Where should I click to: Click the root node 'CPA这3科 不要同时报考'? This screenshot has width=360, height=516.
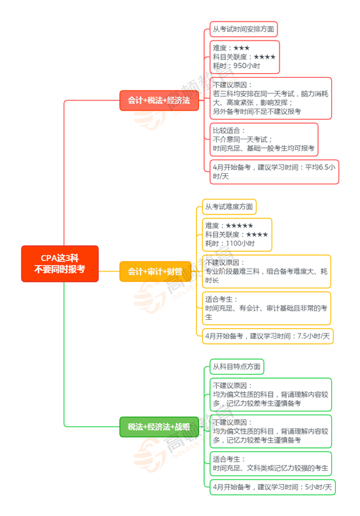60,264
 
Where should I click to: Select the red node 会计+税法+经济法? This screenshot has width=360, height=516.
159,100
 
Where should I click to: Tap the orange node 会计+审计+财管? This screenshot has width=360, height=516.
155,271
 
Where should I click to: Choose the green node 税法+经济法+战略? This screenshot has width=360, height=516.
159,427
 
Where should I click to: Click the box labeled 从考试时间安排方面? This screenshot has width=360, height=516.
243,29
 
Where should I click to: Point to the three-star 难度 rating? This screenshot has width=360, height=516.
242,48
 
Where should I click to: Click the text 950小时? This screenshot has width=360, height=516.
247,66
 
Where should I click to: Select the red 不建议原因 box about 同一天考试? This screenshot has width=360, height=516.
271,98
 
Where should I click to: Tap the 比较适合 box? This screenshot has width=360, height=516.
264,139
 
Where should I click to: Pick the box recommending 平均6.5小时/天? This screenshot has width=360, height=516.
274,172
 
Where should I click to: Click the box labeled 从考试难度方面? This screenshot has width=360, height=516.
229,207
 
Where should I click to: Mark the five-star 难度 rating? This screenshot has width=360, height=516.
240,226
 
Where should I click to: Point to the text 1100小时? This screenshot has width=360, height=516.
240,243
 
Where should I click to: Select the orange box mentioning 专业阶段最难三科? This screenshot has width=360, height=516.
266,271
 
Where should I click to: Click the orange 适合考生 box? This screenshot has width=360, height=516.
266,308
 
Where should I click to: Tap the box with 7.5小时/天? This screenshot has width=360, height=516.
268,336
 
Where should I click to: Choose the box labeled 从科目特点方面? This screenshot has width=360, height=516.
237,367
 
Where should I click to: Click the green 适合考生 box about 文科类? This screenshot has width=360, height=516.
271,464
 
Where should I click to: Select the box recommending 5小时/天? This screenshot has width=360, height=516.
273,487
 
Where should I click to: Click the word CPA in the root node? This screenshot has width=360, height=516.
48,258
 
